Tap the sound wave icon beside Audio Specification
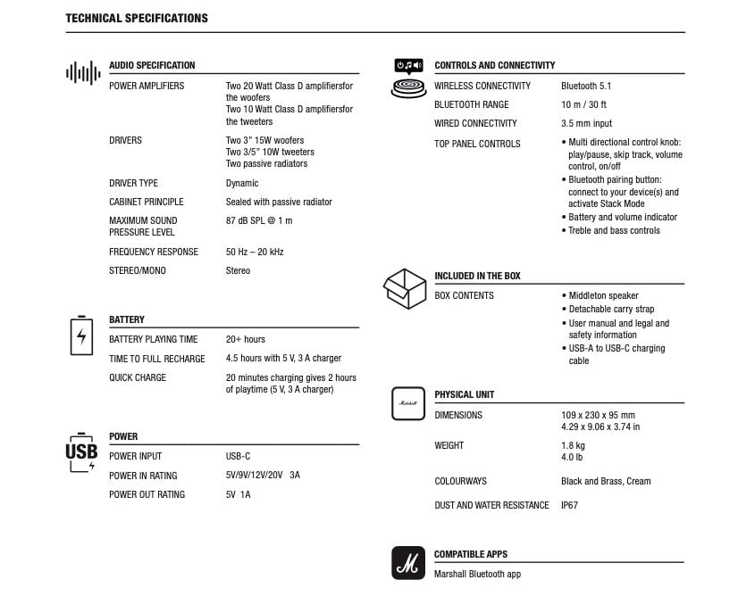82,73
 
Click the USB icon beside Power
81,451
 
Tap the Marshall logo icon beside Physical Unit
408,403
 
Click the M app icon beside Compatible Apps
408,563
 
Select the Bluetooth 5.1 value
585,86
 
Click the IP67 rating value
569,505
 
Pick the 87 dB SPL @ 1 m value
258,220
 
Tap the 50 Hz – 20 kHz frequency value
255,252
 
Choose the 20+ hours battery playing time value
245,339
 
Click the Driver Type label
133,183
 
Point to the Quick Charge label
137,377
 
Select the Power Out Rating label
147,494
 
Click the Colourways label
460,481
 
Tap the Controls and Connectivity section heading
494,65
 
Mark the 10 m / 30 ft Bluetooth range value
583,104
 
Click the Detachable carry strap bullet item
610,309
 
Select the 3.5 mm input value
586,123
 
